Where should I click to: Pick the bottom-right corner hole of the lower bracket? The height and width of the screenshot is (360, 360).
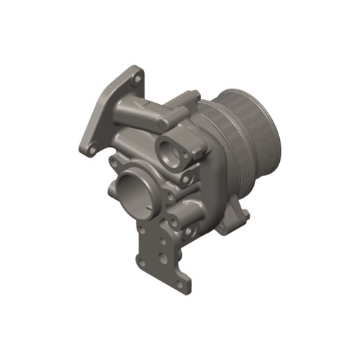click(x=183, y=285)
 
